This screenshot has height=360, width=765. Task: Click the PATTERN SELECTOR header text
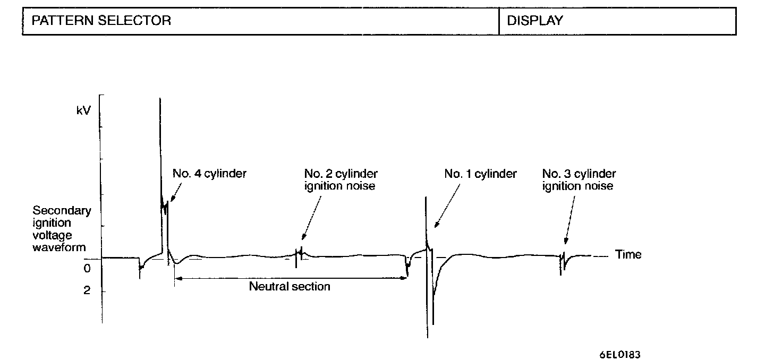tap(101, 21)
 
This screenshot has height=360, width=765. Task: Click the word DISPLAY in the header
tap(535, 21)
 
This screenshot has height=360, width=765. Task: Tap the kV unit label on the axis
tap(83, 112)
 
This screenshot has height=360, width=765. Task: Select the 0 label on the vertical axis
tap(87, 269)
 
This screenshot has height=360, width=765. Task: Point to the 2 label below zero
tap(87, 291)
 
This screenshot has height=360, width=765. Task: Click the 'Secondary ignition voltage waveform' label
tap(62, 229)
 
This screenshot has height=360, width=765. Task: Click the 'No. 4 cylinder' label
tap(209, 174)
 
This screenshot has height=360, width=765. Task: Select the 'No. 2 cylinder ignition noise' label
tap(341, 179)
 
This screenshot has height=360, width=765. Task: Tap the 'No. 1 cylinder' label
tap(481, 174)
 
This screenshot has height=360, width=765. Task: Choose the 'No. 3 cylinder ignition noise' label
tap(579, 179)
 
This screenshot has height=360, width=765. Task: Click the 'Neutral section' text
tap(290, 287)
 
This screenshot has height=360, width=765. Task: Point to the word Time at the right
tap(628, 254)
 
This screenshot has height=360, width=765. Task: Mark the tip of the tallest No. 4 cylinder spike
tap(160, 99)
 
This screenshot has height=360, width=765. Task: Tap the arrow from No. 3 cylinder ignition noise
tap(569, 220)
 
